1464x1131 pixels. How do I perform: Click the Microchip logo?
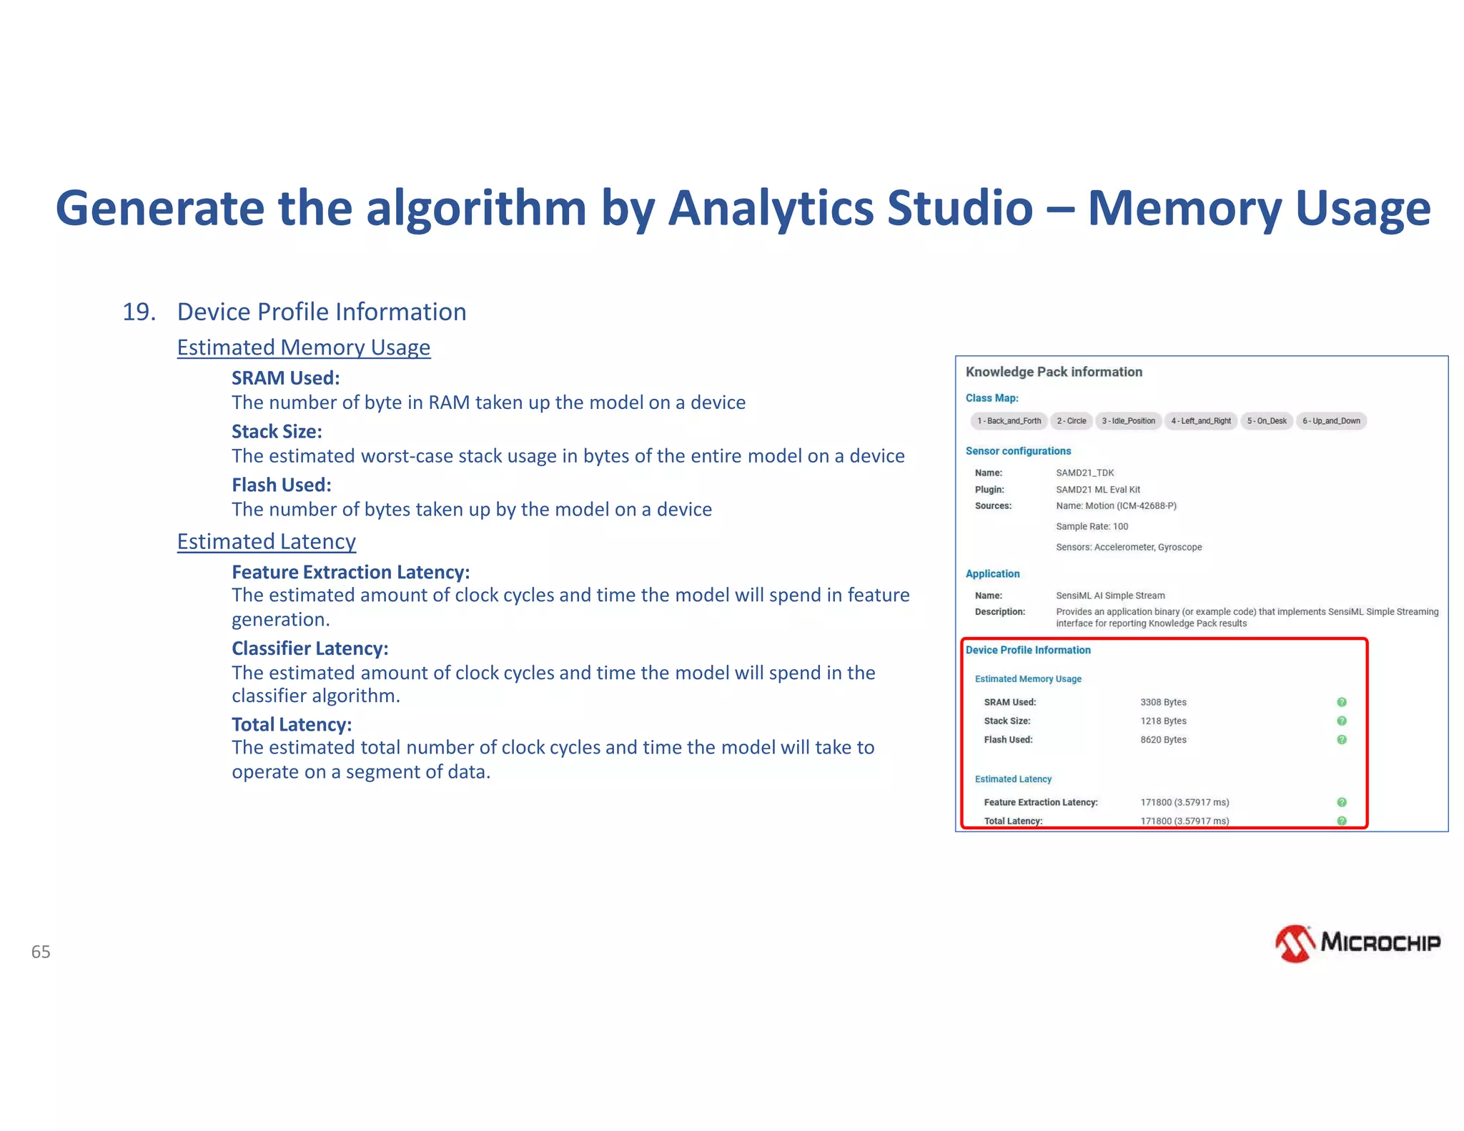[1357, 943]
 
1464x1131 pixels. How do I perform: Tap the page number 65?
[41, 952]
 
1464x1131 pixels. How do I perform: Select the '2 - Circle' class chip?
[1071, 421]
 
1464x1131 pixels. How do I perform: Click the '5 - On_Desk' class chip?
[1266, 421]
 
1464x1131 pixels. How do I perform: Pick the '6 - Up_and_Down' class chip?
[1330, 421]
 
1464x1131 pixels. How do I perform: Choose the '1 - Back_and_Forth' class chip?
[1009, 421]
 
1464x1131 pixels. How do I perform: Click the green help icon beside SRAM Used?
[1342, 702]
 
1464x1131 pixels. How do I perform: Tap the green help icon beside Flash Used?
[1342, 740]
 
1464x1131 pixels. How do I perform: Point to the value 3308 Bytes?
[1163, 702]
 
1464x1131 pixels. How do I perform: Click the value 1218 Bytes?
[1163, 721]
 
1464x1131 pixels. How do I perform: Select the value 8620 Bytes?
[1163, 740]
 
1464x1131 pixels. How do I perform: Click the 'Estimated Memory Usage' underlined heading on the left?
[304, 347]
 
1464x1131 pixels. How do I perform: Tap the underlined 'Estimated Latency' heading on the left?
[266, 542]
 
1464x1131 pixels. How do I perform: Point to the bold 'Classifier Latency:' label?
[310, 648]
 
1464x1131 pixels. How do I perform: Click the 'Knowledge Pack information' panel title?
[1054, 372]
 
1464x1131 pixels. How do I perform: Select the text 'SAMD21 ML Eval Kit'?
[1098, 490]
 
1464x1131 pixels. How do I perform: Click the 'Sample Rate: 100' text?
[1092, 527]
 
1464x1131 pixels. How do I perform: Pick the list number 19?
[139, 312]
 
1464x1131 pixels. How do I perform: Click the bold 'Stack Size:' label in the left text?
[277, 432]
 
